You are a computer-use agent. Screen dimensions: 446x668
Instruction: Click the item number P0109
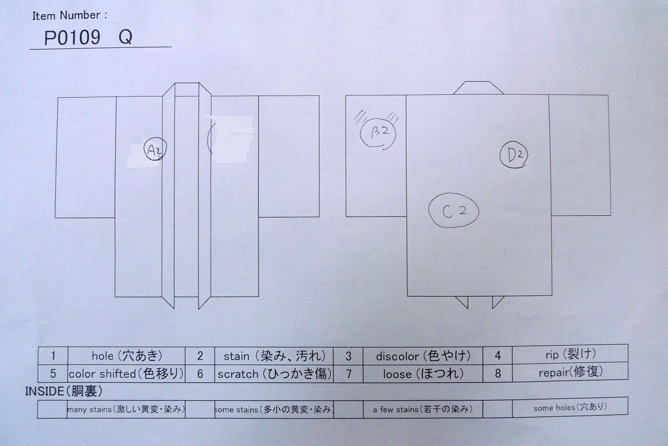[72, 38]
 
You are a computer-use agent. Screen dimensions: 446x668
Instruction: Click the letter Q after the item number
[125, 38]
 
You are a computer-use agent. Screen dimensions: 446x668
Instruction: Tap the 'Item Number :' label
[69, 15]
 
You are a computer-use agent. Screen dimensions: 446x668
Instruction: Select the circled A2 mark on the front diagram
[155, 150]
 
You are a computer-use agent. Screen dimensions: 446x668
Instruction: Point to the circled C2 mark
[453, 211]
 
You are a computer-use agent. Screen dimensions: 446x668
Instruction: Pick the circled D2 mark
[514, 155]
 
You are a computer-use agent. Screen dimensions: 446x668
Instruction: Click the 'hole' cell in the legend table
[127, 356]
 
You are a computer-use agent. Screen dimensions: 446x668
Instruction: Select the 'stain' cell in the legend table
[274, 356]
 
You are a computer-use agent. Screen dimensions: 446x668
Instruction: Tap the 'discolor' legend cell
[423, 356]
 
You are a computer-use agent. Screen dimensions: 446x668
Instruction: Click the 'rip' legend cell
[570, 354]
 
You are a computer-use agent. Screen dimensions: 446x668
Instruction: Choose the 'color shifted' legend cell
[126, 373]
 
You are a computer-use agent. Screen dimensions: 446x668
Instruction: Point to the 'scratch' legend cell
[274, 373]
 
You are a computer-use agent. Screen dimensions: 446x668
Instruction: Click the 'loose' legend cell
[423, 373]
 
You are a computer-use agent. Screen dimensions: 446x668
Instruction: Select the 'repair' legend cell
[570, 372]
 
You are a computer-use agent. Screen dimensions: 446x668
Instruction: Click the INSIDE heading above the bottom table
[63, 391]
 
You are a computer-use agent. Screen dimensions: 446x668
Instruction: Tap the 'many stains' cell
[126, 409]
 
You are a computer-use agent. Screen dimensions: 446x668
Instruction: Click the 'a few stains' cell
[423, 409]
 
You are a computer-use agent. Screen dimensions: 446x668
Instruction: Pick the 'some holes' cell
[570, 408]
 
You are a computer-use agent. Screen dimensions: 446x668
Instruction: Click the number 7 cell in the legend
[349, 374]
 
